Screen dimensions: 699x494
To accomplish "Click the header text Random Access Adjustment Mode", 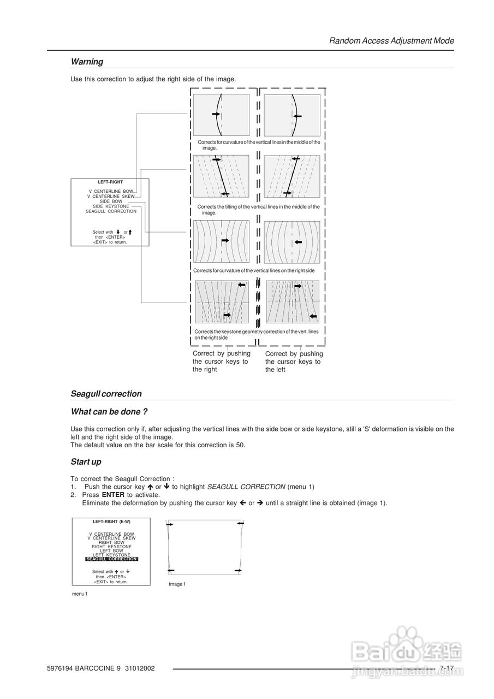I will click(x=391, y=40).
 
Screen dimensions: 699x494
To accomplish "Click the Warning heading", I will click(x=87, y=62).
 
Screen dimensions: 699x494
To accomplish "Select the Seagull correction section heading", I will click(x=106, y=394).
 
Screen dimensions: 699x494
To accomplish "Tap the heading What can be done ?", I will click(x=109, y=411).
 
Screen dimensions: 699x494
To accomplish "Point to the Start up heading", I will click(x=86, y=461).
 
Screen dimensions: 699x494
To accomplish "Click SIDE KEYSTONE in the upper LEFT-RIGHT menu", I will click(x=111, y=206).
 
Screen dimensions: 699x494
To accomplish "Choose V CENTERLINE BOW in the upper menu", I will click(x=111, y=192).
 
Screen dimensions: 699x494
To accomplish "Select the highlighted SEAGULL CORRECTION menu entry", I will click(x=111, y=559).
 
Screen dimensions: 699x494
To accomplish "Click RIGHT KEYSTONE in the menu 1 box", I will click(x=111, y=547).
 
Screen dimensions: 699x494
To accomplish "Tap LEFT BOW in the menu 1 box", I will click(x=111, y=551).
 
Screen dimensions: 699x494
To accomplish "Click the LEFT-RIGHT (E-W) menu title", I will click(x=111, y=521).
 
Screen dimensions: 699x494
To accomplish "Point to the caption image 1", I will click(x=177, y=584).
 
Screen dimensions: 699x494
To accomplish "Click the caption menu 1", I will click(x=80, y=594).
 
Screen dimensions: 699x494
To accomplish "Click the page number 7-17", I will click(x=447, y=668).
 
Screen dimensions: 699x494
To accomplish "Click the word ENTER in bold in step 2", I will click(x=113, y=495).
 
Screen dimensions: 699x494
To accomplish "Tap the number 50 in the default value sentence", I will click(x=240, y=445).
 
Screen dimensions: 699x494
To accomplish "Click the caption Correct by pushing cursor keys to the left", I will click(x=294, y=362).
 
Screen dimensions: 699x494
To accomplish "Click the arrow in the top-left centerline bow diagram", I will click(x=216, y=114).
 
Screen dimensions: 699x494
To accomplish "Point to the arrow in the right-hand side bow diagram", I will click(x=297, y=242).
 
